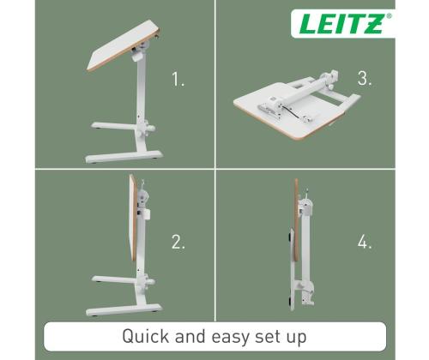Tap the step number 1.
tap(178, 79)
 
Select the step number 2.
tap(178, 242)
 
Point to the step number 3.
tap(365, 78)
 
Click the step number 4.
tap(365, 242)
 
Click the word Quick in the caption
tap(145, 337)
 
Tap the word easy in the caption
tap(230, 338)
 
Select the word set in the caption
tap(267, 337)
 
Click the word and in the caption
tap(190, 337)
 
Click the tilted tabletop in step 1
tap(124, 45)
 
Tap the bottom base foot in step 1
tap(124, 157)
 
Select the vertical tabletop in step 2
tap(132, 217)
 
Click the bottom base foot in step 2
tap(124, 310)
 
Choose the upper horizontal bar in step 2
tap(115, 279)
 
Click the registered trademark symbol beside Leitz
tap(389, 16)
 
